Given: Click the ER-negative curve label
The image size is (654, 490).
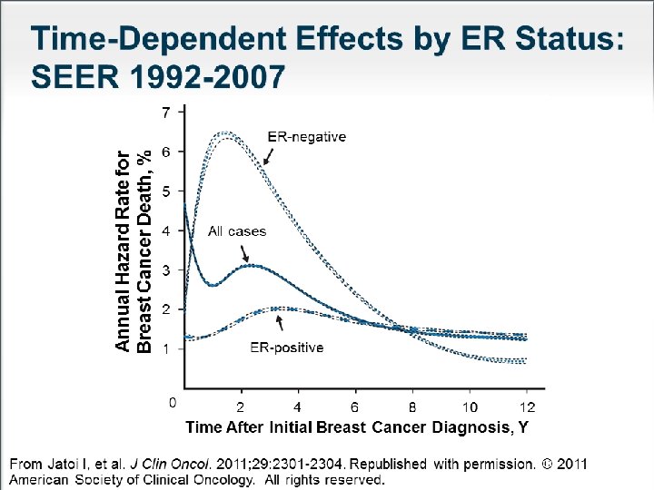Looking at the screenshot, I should (x=306, y=137).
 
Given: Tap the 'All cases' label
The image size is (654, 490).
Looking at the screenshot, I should (x=237, y=231).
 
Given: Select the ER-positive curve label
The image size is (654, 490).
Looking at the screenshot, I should (x=286, y=348).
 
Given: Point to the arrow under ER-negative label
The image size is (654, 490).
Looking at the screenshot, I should (x=267, y=157).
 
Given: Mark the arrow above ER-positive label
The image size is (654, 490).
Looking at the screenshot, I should (x=279, y=321).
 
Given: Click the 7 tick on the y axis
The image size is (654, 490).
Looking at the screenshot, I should (x=164, y=113).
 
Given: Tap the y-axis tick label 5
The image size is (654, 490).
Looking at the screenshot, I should (x=165, y=191).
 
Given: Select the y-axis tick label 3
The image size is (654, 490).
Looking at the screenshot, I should (x=165, y=270).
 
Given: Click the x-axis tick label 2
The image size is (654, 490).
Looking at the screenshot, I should (x=241, y=407).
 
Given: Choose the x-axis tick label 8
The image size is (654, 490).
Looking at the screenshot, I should (x=412, y=407).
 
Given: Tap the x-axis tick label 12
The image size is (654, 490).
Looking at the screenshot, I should (x=527, y=407).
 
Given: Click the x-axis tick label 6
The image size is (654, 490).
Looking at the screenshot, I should (x=355, y=407).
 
